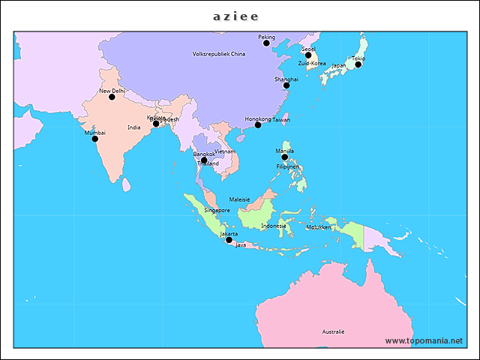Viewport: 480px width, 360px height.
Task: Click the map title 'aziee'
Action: pyautogui.click(x=235, y=16)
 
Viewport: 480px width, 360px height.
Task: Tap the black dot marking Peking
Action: pyautogui.click(x=266, y=43)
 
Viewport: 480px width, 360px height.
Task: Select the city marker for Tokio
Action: pyautogui.click(x=358, y=64)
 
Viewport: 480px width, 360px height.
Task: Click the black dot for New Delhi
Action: pyautogui.click(x=112, y=97)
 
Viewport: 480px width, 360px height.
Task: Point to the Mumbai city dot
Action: pyautogui.click(x=94, y=139)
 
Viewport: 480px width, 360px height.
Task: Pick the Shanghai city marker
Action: pyautogui.click(x=286, y=85)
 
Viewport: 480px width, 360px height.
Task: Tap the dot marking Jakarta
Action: pyautogui.click(x=229, y=240)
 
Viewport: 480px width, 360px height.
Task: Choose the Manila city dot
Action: pyautogui.click(x=284, y=157)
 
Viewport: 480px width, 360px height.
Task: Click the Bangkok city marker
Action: pyautogui.click(x=204, y=160)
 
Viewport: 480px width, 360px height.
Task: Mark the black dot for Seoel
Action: pyautogui.click(x=307, y=55)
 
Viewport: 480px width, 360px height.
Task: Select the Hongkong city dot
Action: pyautogui.click(x=257, y=125)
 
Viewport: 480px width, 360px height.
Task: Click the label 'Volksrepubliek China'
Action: pyautogui.click(x=219, y=54)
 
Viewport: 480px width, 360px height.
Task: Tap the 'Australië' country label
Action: pyautogui.click(x=333, y=331)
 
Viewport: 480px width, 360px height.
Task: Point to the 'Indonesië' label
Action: pyautogui.click(x=274, y=226)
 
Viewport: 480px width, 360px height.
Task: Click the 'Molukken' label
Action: pyautogui.click(x=319, y=226)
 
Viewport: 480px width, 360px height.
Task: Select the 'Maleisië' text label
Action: pyautogui.click(x=239, y=199)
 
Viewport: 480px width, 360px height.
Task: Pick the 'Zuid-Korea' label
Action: pyautogui.click(x=312, y=64)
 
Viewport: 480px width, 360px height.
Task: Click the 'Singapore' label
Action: pyautogui.click(x=217, y=211)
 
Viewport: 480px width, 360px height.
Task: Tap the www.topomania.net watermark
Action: pyautogui.click(x=424, y=340)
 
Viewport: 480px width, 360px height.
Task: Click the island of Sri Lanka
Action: pyautogui.click(x=126, y=184)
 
